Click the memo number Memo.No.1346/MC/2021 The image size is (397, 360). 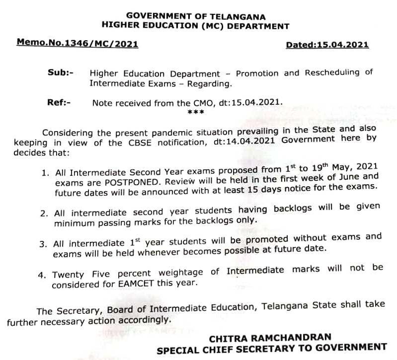click(x=77, y=43)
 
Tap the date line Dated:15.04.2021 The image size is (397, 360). click(x=327, y=45)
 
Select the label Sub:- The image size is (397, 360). click(x=60, y=72)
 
